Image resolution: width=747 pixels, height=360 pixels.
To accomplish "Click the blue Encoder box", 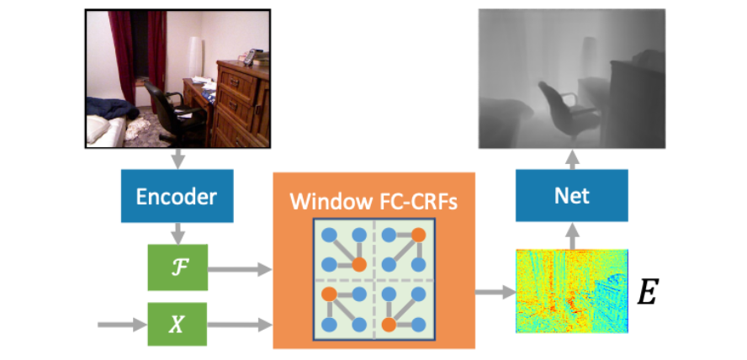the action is tap(177, 196).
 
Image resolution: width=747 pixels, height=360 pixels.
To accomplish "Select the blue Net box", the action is tap(572, 195).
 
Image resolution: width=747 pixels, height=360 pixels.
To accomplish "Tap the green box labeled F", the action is tap(177, 267).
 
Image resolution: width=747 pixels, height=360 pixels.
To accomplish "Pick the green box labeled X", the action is tap(177, 325).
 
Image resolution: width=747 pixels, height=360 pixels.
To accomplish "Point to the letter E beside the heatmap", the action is tap(648, 293).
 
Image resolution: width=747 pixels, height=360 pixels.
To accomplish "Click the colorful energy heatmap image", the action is tap(572, 291).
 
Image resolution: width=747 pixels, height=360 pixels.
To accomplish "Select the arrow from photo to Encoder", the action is tap(177, 159).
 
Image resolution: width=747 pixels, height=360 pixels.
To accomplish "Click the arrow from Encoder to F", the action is tap(177, 233).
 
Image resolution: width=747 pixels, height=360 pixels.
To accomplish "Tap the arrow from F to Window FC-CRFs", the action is tap(240, 269).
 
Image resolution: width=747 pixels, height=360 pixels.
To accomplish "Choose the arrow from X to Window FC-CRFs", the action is tap(240, 326).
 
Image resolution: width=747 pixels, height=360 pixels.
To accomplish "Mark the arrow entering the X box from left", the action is tap(123, 326).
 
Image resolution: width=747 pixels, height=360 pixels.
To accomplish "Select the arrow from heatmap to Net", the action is tap(572, 236).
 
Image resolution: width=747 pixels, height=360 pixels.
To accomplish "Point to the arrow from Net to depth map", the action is tap(572, 159).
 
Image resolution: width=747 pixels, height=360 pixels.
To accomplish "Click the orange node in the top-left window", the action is tap(358, 264).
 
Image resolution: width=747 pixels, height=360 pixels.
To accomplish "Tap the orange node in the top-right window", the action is tap(418, 235).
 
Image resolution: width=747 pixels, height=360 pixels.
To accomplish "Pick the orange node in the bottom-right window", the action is tap(389, 325).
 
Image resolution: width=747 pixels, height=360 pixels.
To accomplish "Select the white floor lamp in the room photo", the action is tap(195, 58).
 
